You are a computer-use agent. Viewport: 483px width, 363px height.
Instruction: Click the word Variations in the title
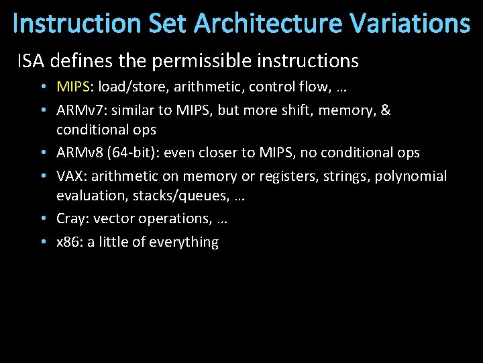coord(411,24)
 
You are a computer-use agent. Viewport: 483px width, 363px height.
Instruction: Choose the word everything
coord(185,242)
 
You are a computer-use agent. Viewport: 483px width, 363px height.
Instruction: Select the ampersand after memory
coord(385,110)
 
